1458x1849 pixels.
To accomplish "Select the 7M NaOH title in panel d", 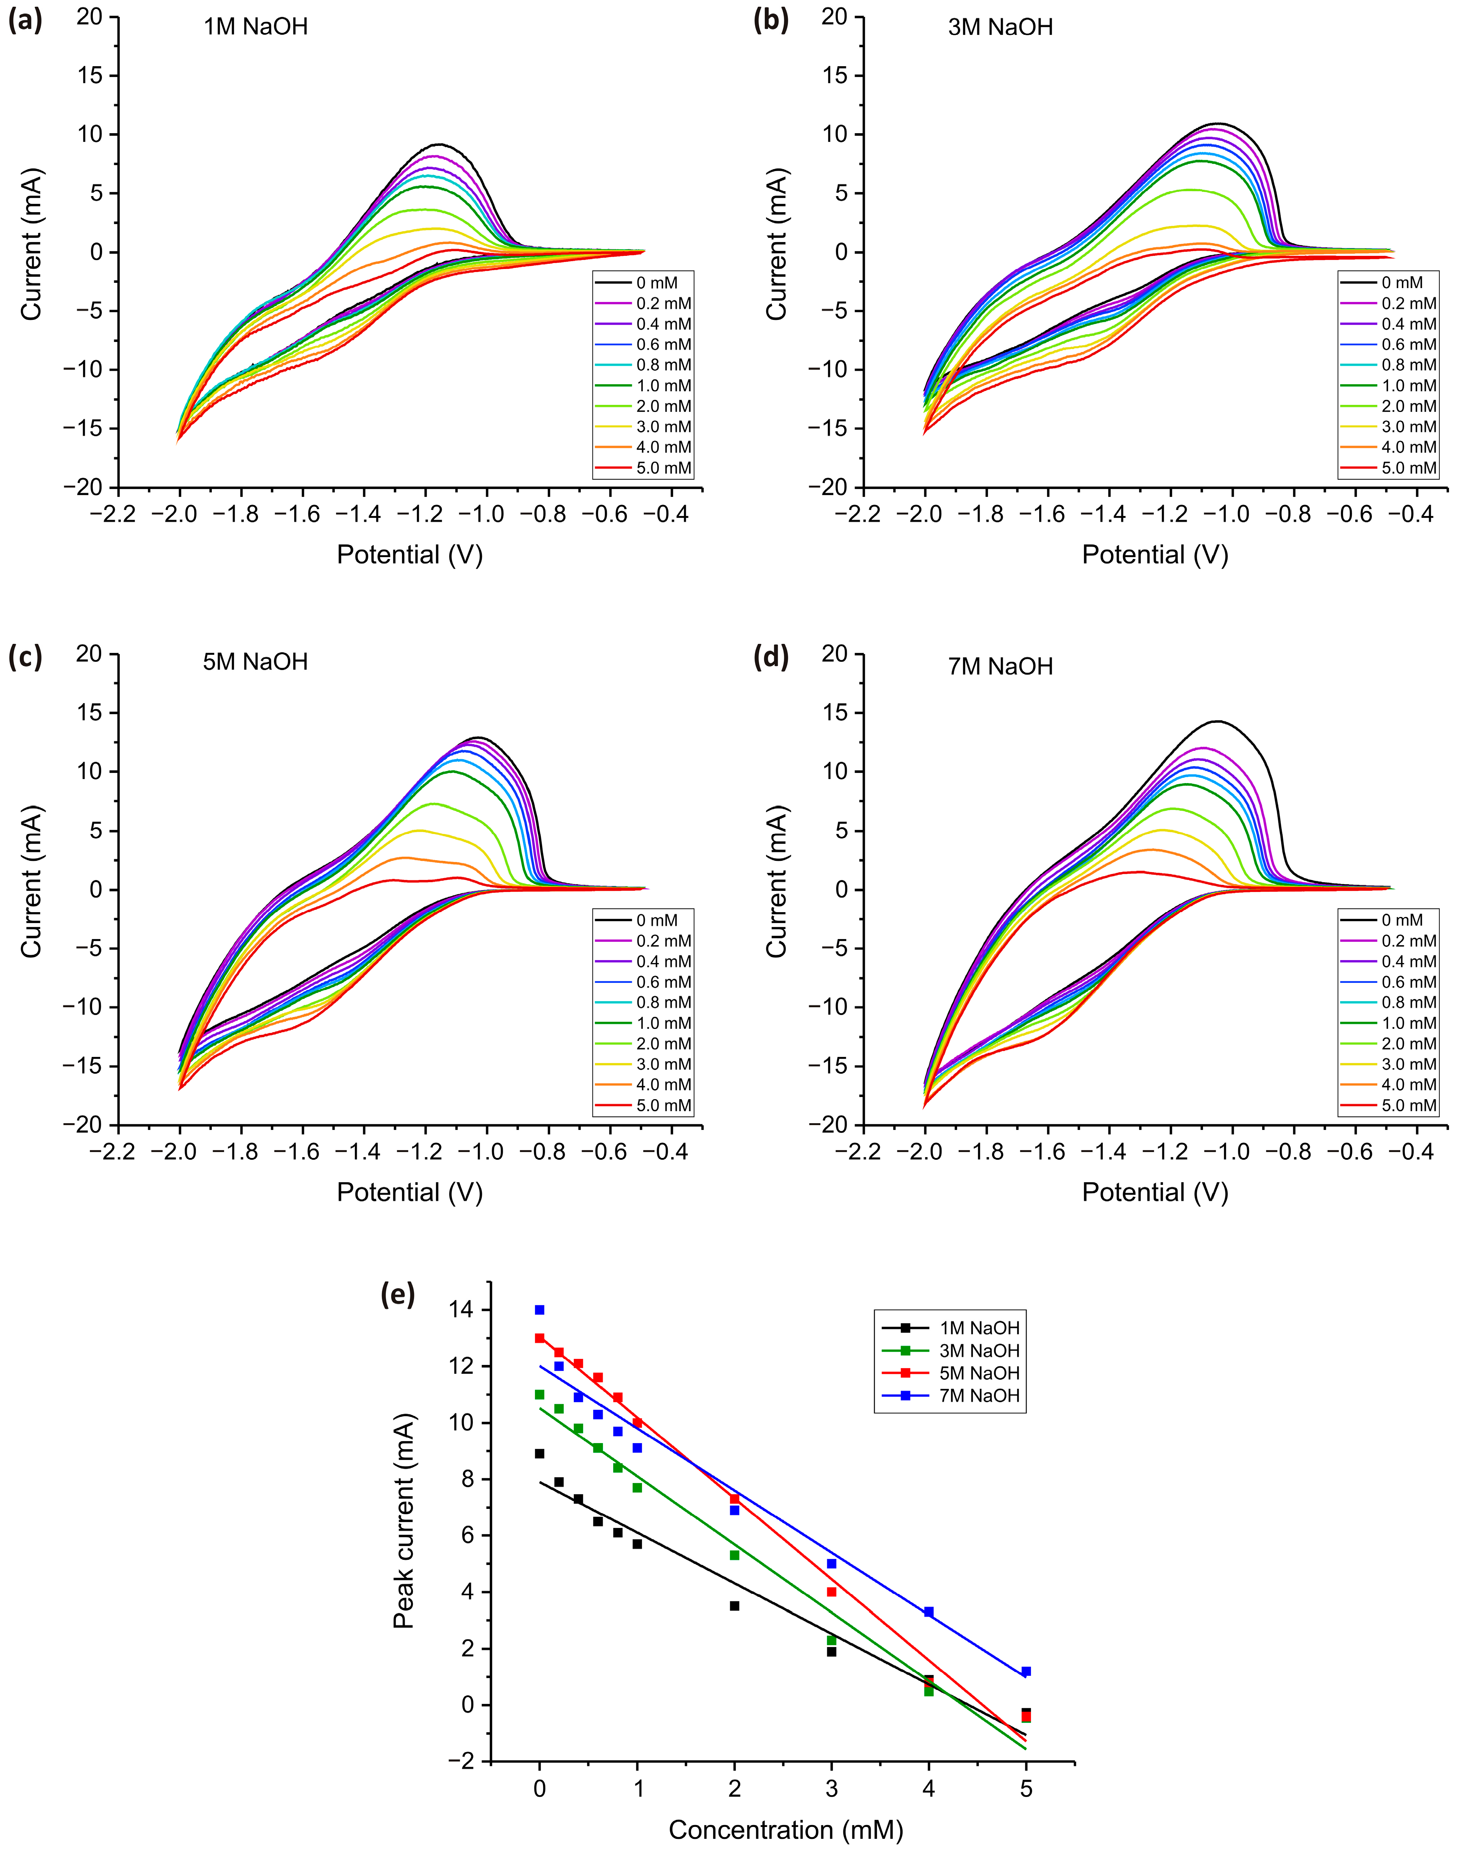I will click(1001, 666).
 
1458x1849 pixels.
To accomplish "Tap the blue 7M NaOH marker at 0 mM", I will click(539, 1310).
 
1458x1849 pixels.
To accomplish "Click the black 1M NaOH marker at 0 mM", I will click(539, 1453).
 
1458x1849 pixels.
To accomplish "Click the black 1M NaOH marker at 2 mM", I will click(734, 1606).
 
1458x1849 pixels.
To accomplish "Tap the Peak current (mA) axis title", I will click(404, 1521).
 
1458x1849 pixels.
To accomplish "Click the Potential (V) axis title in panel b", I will click(1155, 556).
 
